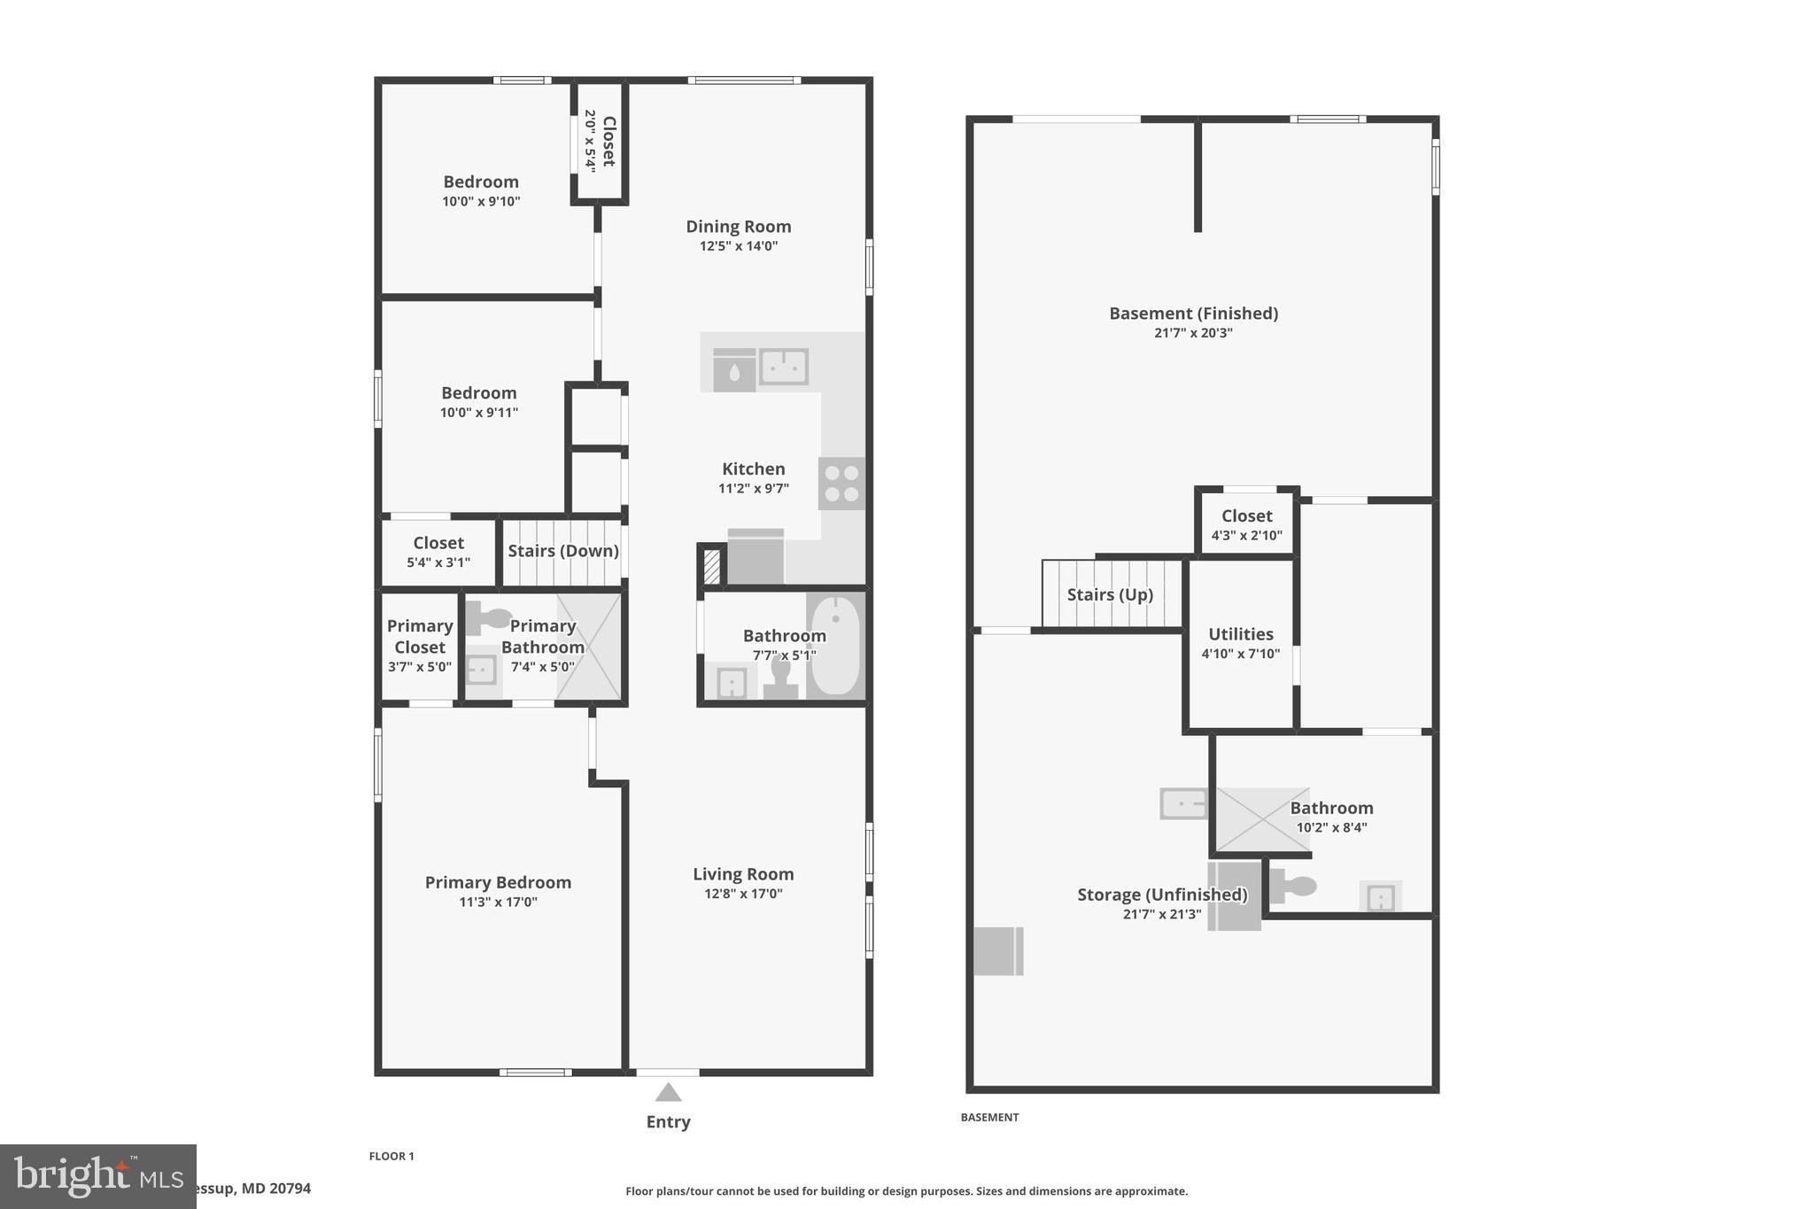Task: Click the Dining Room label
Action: (x=738, y=227)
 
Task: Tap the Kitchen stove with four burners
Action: (x=841, y=484)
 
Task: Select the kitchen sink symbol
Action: (x=784, y=367)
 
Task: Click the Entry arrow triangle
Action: (x=668, y=1093)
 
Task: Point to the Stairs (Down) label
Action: (x=562, y=551)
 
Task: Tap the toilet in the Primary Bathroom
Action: (x=488, y=618)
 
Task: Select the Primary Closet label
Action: (x=420, y=636)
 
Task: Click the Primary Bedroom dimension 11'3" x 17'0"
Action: (x=498, y=903)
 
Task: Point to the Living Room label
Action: (x=743, y=874)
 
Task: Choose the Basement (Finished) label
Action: (x=1193, y=314)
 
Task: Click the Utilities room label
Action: (x=1240, y=634)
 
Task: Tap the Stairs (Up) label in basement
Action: (x=1110, y=594)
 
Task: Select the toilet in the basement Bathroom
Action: (x=1293, y=886)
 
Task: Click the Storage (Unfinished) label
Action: (x=1162, y=895)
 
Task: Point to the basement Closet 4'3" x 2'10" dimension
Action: (x=1246, y=535)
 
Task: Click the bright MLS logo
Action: (x=97, y=1176)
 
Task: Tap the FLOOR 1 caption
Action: (x=391, y=1156)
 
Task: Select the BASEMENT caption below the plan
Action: (x=989, y=1118)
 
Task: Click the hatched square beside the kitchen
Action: (x=711, y=567)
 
